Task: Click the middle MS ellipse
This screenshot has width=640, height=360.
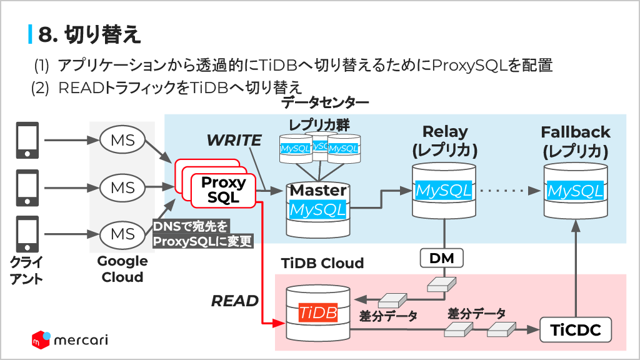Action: coord(122,187)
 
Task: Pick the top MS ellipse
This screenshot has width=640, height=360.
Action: coord(122,140)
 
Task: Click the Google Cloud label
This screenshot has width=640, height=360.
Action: coord(122,269)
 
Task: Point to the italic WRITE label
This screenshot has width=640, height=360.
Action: coord(234,141)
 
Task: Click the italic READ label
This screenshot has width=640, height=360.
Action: coord(235,301)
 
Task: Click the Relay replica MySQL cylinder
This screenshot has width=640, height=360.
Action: coord(444,190)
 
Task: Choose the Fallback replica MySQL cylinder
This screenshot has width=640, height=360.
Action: coord(575,190)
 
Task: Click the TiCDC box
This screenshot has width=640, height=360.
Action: coord(575,329)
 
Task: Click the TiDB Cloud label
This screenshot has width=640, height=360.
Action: coord(322,263)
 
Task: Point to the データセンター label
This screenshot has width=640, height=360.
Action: coord(325,102)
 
